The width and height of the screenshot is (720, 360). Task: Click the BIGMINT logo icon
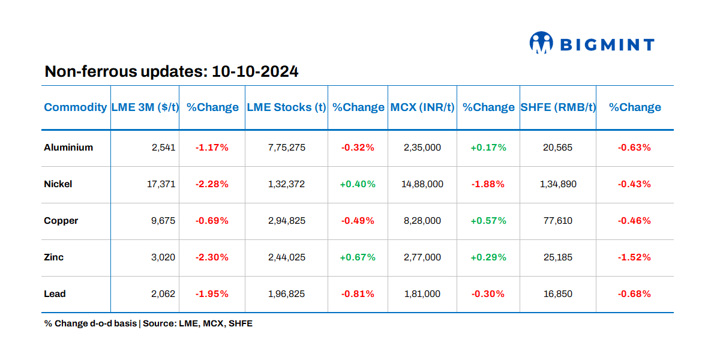(x=541, y=43)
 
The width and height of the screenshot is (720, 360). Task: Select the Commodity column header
(x=75, y=107)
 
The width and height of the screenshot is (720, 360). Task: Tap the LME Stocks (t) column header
(x=286, y=107)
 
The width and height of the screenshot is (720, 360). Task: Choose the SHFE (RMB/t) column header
(x=557, y=107)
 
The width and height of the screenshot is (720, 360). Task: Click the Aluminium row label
(x=68, y=147)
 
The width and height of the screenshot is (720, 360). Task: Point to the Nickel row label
(x=58, y=184)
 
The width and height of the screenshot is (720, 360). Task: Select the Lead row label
(x=55, y=294)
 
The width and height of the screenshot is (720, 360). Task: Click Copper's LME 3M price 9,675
(x=164, y=221)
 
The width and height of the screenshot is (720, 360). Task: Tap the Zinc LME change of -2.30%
(x=212, y=257)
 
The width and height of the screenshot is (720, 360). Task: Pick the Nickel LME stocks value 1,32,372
(x=286, y=184)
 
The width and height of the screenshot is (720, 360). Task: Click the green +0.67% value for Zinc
(x=358, y=257)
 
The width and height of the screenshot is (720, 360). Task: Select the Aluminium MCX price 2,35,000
(x=422, y=148)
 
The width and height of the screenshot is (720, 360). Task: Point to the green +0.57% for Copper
(x=488, y=221)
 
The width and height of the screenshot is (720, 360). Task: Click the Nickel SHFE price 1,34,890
(x=557, y=184)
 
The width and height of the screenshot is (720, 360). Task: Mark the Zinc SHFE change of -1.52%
(x=634, y=257)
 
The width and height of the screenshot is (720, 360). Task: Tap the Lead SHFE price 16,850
(x=557, y=294)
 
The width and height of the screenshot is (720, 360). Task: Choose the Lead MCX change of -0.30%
(x=488, y=294)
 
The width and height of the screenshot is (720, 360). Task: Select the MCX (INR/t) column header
(x=422, y=107)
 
